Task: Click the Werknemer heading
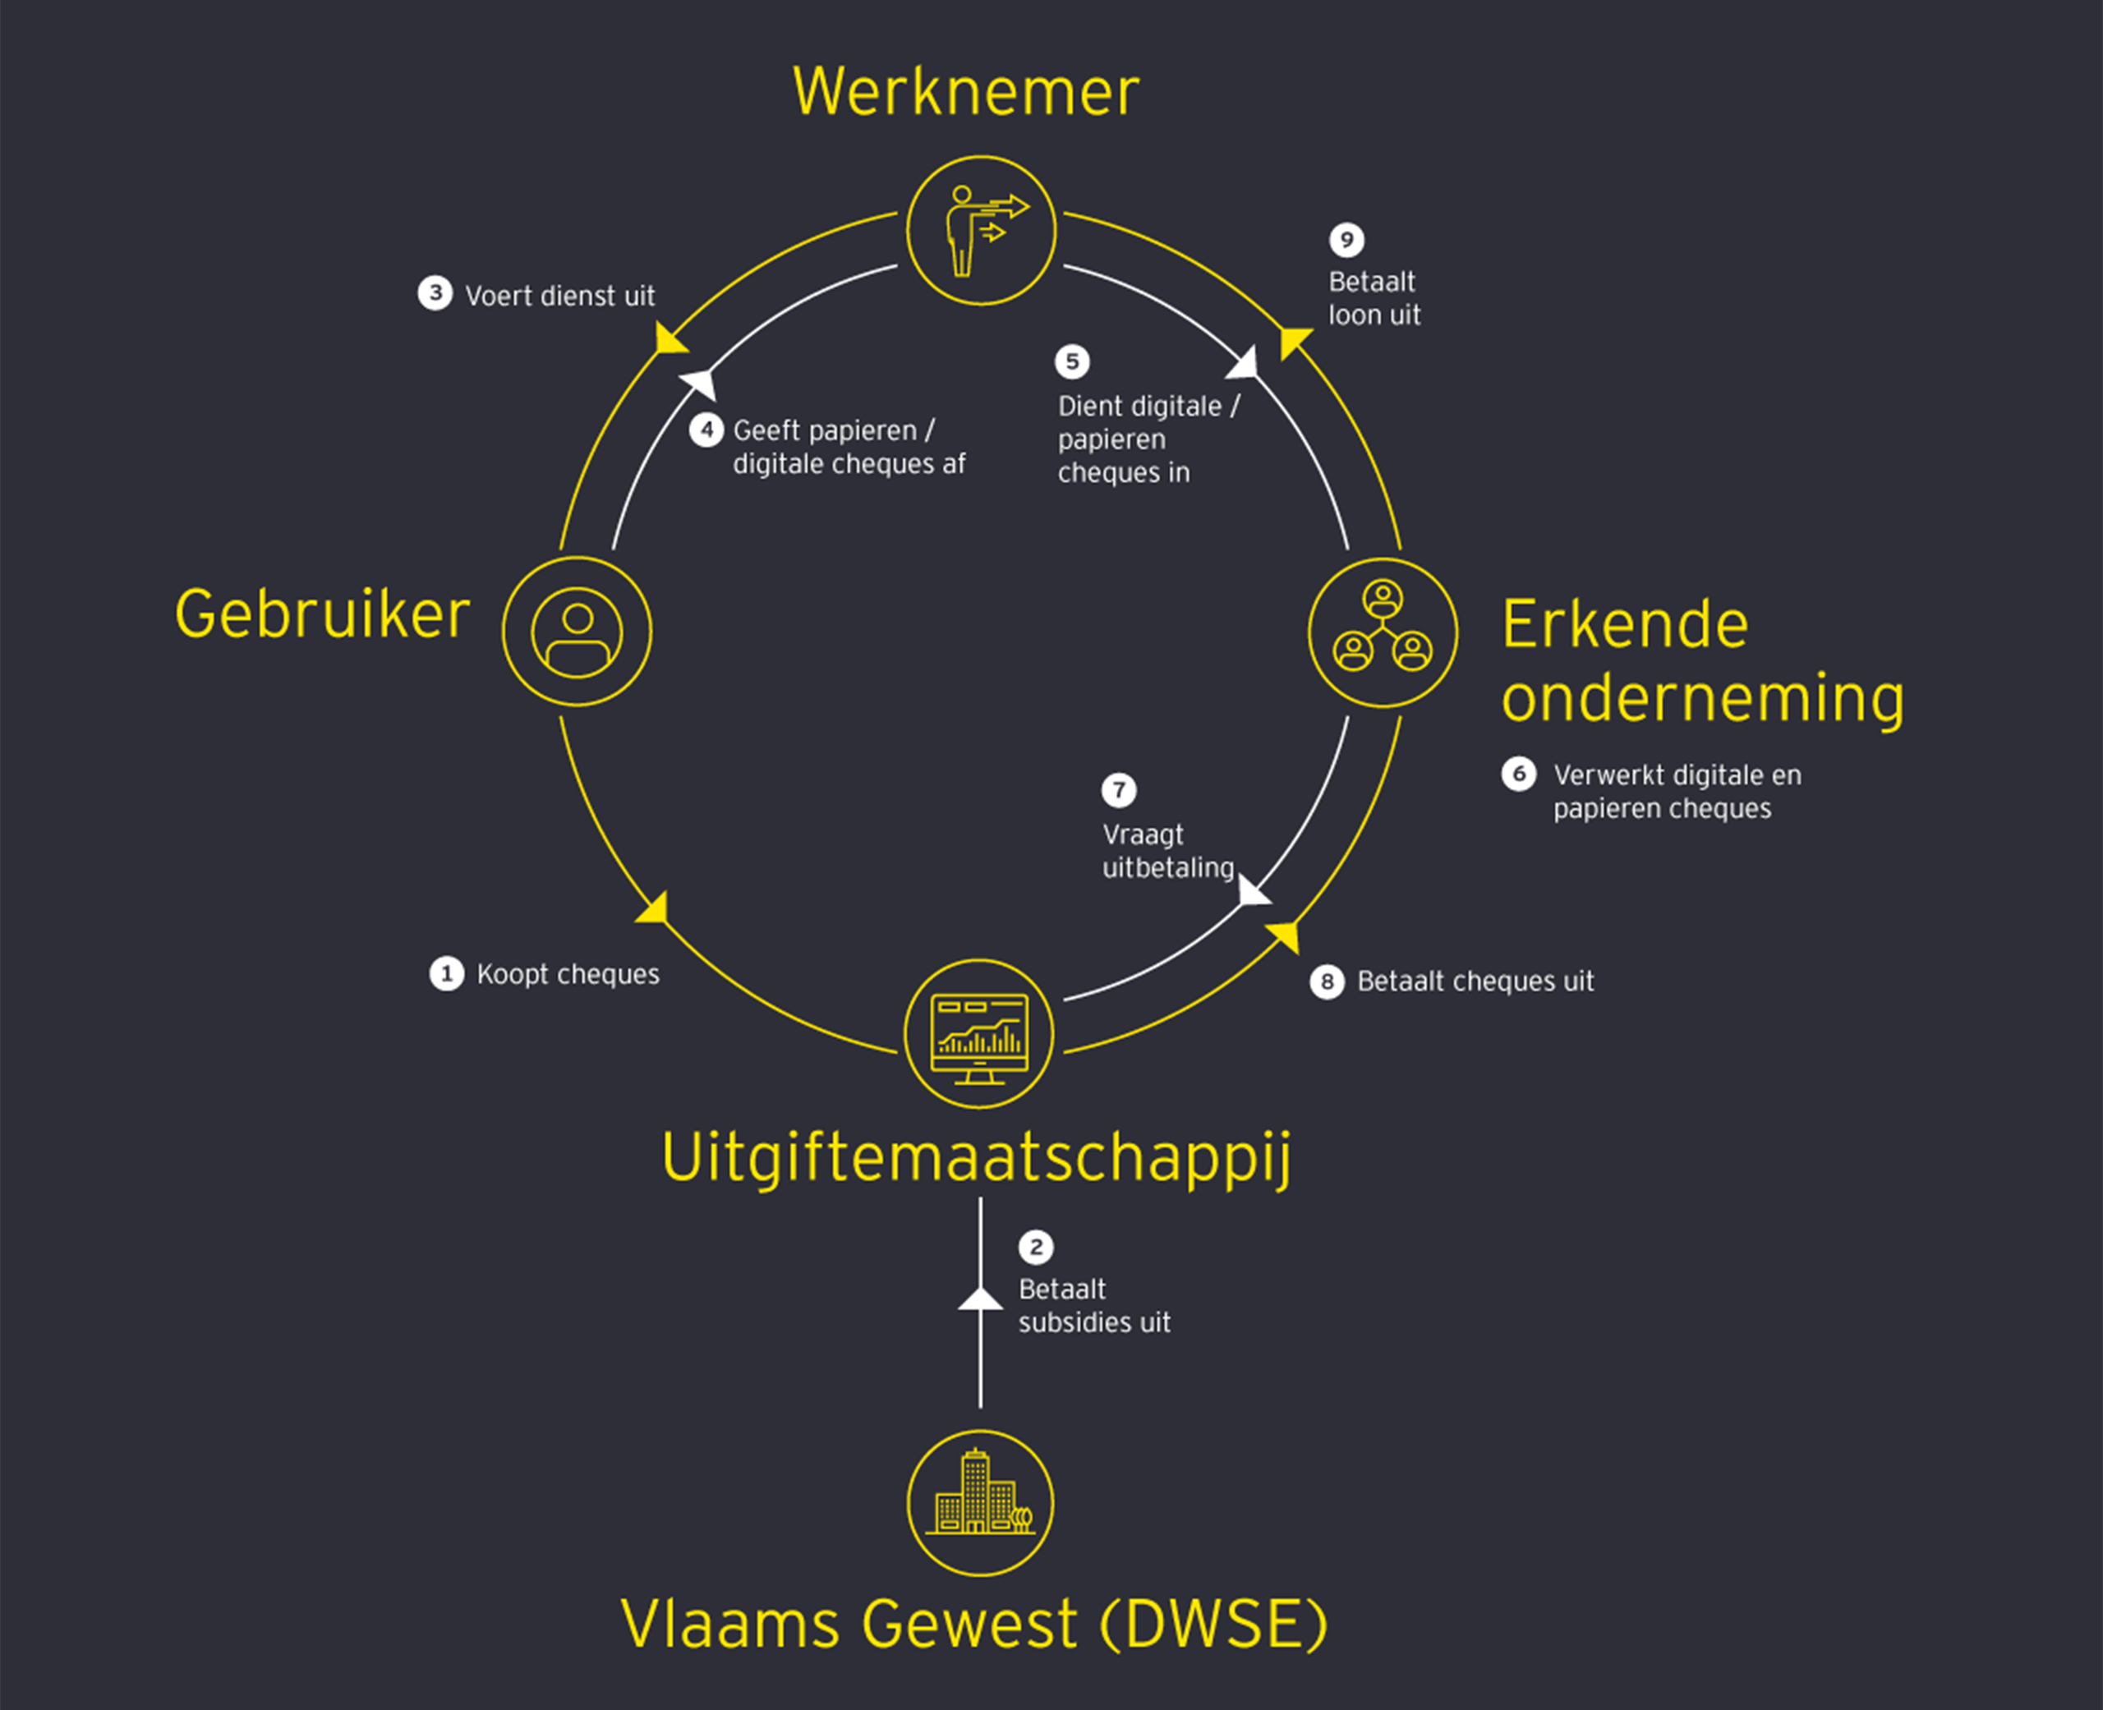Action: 965,92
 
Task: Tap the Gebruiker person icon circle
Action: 578,632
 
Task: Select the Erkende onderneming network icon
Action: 1383,632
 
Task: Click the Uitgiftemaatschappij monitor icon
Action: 979,1034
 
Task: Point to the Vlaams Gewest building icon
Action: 980,1503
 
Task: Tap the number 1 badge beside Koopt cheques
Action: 446,974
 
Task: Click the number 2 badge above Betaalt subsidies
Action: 1035,1247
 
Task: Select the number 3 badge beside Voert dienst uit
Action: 435,292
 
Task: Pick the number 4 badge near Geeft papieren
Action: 706,430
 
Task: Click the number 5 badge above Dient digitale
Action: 1073,361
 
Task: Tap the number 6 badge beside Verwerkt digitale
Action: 1519,775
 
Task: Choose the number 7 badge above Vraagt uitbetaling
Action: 1119,790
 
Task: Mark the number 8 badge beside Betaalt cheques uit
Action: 1327,981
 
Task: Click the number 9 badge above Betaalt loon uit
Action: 1346,239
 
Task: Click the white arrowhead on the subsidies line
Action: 980,1299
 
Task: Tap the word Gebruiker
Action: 322,614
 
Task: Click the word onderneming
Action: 1702,697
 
